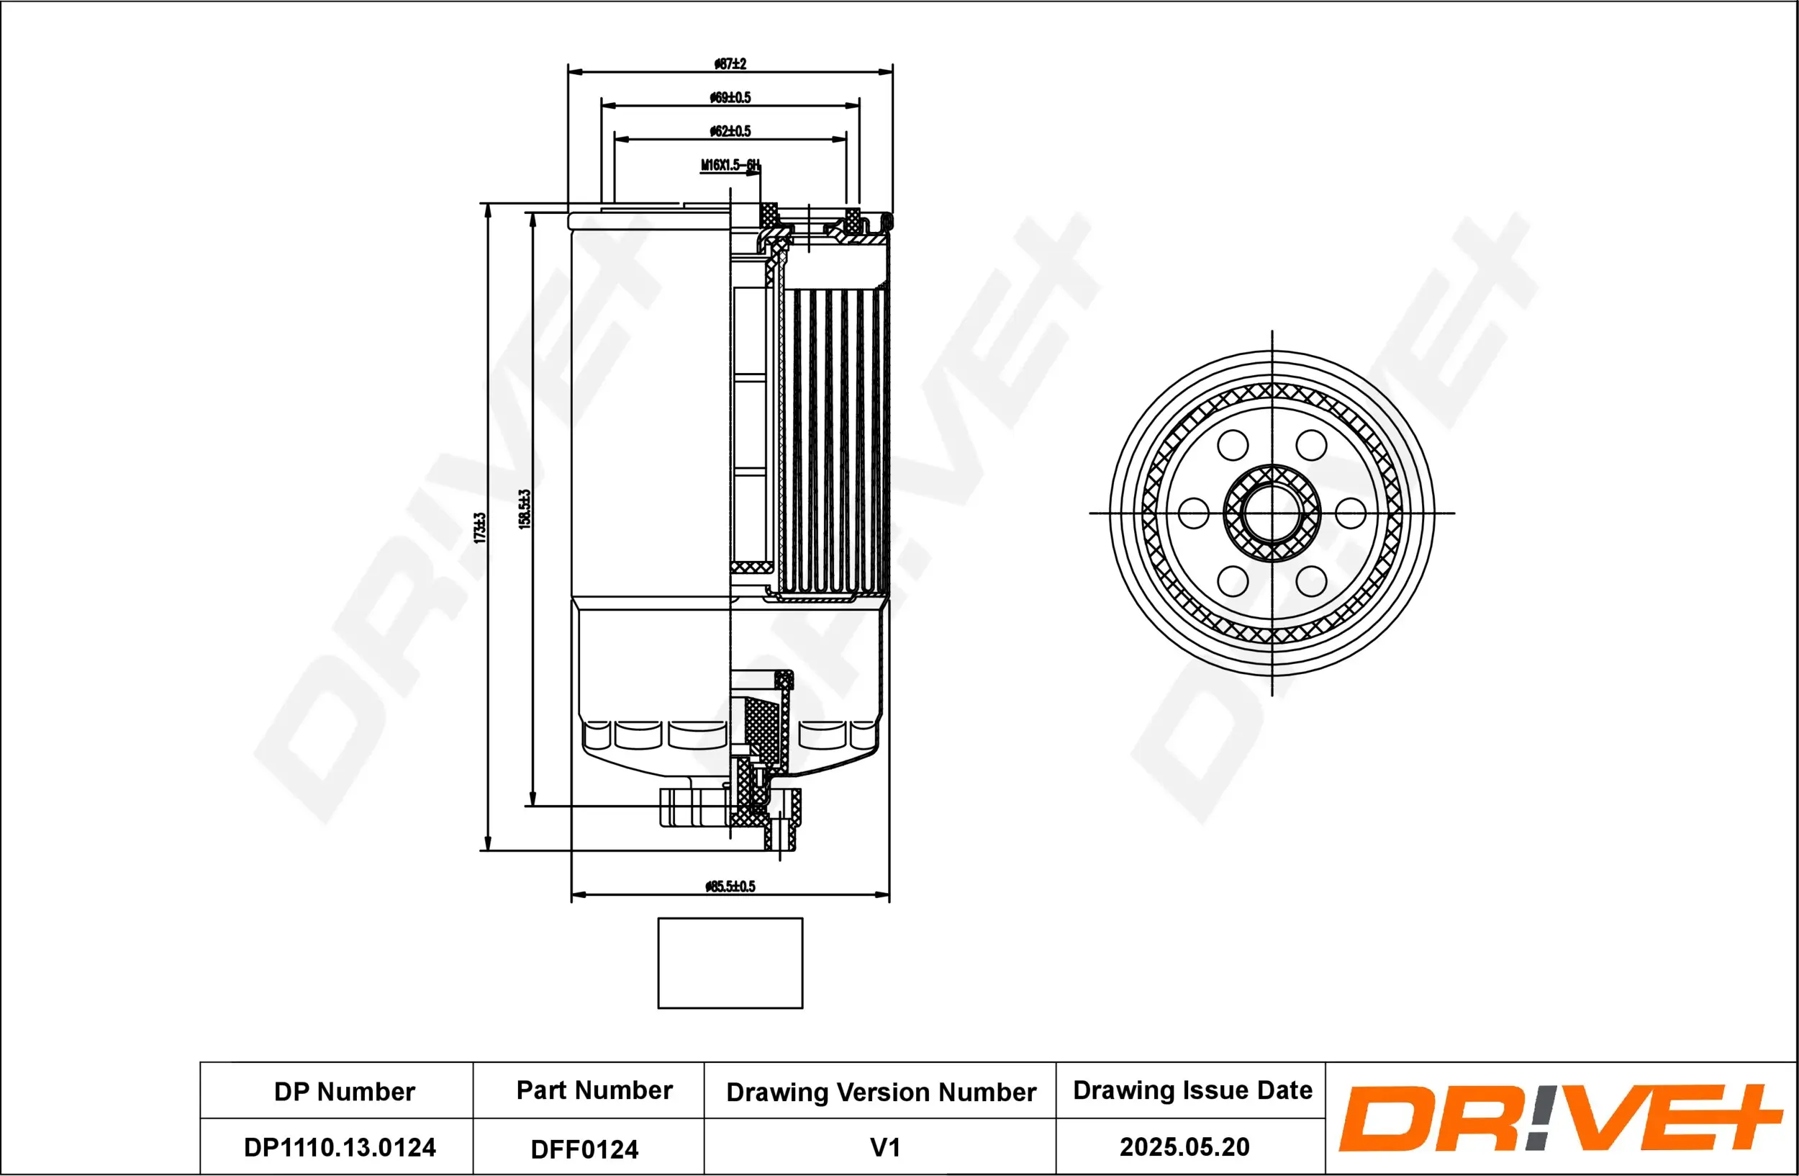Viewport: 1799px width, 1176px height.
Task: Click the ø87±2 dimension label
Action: click(730, 64)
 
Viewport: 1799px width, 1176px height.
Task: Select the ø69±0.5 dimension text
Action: click(730, 97)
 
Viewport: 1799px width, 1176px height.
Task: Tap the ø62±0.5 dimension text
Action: click(730, 131)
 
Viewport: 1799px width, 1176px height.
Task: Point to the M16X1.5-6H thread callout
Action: click(730, 165)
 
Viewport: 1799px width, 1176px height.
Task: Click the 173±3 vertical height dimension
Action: click(479, 527)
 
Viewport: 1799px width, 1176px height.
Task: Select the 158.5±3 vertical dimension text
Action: click(525, 509)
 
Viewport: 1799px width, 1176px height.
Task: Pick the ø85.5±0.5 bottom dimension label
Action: click(730, 887)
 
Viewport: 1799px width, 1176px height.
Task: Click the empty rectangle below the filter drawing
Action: click(730, 963)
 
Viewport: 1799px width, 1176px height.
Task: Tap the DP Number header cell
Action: click(344, 1091)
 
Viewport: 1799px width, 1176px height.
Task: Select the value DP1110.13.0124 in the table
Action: click(340, 1147)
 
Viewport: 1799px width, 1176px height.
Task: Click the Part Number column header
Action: click(594, 1090)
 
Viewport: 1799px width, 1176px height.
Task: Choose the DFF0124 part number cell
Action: click(584, 1149)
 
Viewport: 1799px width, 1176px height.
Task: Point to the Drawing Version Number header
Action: click(881, 1092)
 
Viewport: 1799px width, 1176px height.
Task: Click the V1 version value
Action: click(884, 1147)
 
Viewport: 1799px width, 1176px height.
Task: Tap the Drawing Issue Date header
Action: click(1192, 1090)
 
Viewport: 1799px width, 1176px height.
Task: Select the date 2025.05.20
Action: click(1184, 1146)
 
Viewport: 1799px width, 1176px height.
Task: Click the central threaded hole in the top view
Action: click(1272, 513)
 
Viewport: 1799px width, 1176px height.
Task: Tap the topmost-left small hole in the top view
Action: click(1233, 446)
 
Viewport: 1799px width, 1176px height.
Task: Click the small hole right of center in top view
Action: click(1350, 513)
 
